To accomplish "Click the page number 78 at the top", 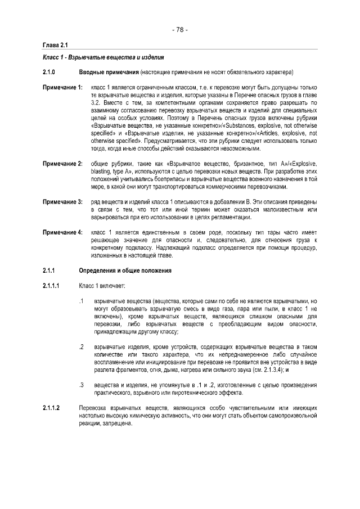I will click(180, 30).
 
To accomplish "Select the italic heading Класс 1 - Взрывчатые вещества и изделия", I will click(103, 58).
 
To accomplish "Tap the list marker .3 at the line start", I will click(82, 385).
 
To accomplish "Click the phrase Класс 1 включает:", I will click(102, 286).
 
